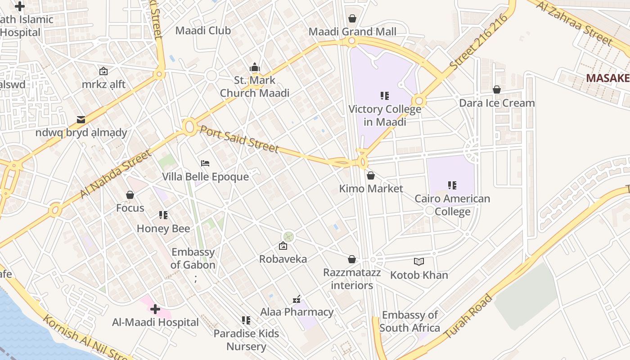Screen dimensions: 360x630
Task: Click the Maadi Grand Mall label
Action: [x=352, y=31]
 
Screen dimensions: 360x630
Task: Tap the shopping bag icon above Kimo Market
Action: [x=371, y=175]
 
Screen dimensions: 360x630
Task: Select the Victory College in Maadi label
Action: [x=385, y=115]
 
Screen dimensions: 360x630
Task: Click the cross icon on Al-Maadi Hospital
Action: [x=155, y=309]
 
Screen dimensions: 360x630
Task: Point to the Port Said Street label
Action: [x=239, y=139]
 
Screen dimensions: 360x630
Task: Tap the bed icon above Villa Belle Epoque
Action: [x=205, y=163]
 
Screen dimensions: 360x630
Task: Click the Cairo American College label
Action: [x=452, y=205]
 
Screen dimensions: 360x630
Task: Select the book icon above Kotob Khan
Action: [x=419, y=261]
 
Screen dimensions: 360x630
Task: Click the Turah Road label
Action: [x=468, y=316]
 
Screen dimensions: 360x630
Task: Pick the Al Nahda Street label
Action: [x=116, y=174]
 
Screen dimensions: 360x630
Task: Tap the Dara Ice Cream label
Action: [x=497, y=103]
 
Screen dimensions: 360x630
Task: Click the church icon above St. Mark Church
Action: [x=255, y=67]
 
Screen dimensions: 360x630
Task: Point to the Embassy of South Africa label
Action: [x=409, y=321]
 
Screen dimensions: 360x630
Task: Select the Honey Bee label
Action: [x=163, y=228]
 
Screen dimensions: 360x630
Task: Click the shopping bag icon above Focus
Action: [x=130, y=195]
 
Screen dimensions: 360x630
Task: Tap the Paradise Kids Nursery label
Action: [x=246, y=340]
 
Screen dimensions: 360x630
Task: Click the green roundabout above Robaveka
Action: [x=288, y=236]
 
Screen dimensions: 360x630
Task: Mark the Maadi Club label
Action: [x=203, y=31]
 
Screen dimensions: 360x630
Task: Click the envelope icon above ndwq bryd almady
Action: [x=81, y=119]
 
